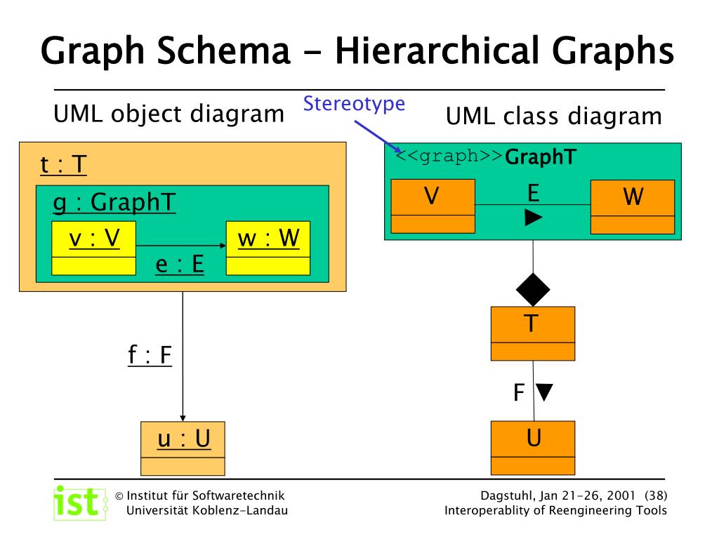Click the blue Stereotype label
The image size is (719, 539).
tap(355, 104)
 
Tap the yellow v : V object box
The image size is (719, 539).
tap(93, 248)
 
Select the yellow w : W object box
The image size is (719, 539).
tap(268, 248)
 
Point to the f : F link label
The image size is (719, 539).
tap(150, 355)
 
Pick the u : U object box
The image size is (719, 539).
tap(183, 448)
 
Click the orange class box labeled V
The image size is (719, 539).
tap(433, 206)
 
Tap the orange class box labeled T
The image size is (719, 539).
tap(532, 333)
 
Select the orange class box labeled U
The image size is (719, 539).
tap(533, 448)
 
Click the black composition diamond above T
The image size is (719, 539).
tap(533, 288)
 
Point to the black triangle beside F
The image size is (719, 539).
tap(544, 391)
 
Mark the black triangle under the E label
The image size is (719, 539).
tap(534, 219)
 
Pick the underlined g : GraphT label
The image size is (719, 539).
tap(114, 203)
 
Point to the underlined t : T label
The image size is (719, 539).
tap(63, 165)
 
